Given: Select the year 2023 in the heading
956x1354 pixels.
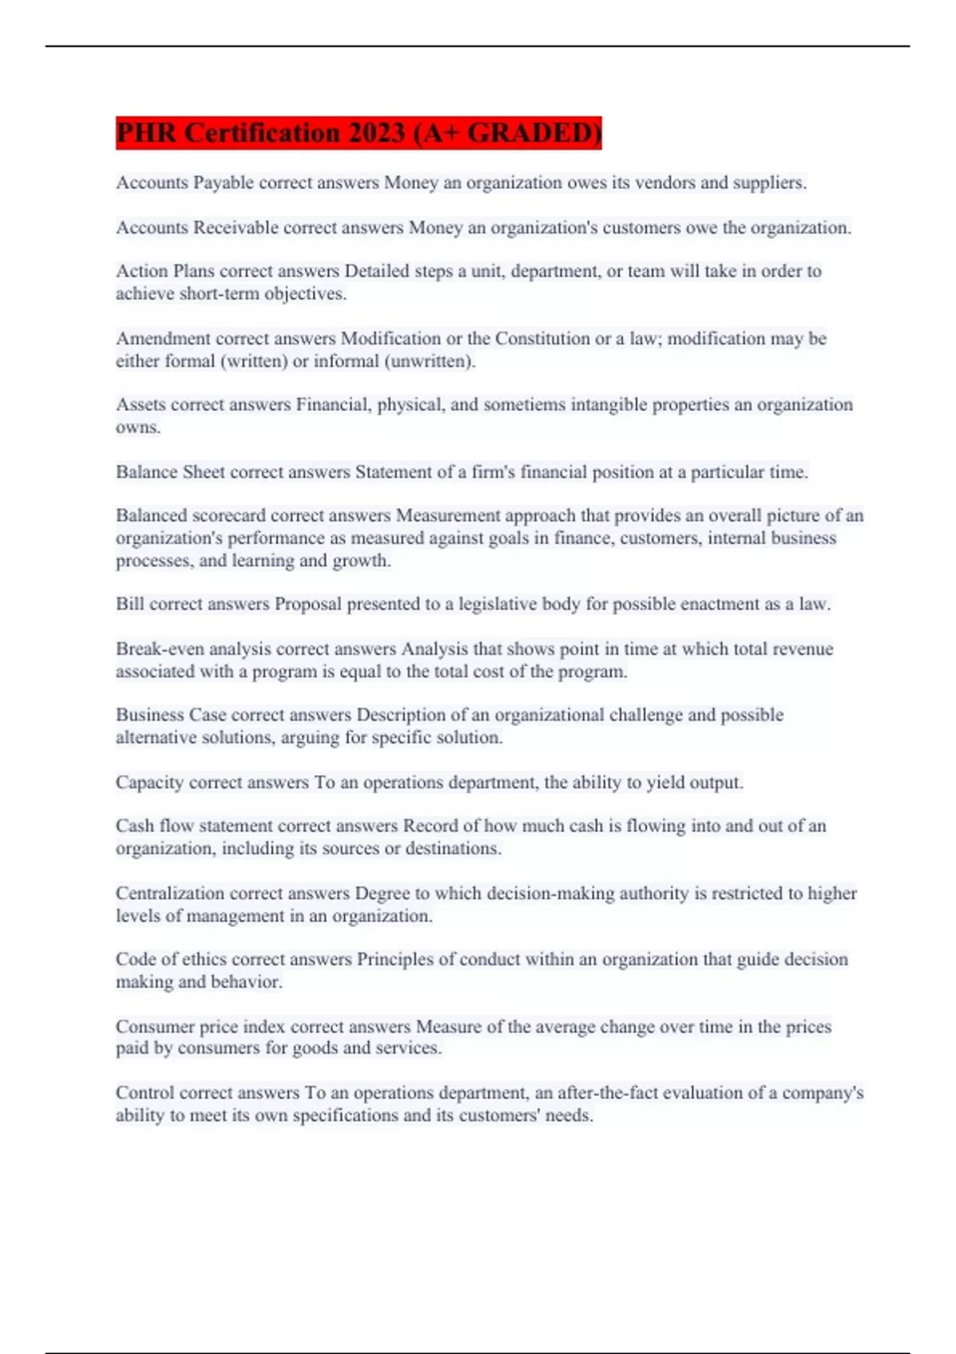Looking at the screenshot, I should point(377,133).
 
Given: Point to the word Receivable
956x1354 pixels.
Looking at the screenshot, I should point(236,228).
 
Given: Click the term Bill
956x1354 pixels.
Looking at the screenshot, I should point(130,605).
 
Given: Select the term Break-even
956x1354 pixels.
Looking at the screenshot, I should point(159,649).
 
